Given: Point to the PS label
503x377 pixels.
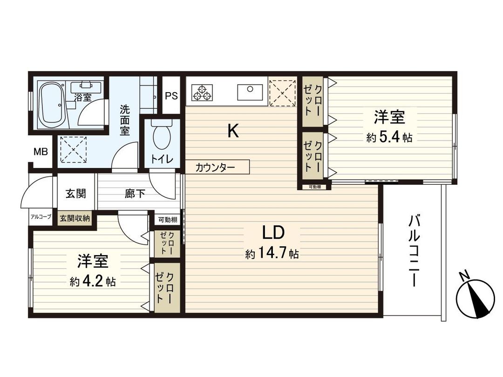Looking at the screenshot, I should click(171, 96).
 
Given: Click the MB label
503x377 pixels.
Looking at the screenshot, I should click(40, 152).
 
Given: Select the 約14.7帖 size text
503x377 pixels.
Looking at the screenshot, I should click(272, 254).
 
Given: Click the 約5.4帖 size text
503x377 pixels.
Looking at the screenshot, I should click(389, 138).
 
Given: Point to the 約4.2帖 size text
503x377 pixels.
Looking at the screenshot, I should click(93, 282).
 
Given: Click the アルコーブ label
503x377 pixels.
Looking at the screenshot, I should click(41, 217).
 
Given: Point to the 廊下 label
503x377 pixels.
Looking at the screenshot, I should click(135, 194).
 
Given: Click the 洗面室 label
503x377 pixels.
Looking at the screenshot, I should click(125, 120).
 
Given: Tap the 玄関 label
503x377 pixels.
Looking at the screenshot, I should click(75, 194).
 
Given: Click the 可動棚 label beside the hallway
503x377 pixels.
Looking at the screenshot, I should click(167, 220).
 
